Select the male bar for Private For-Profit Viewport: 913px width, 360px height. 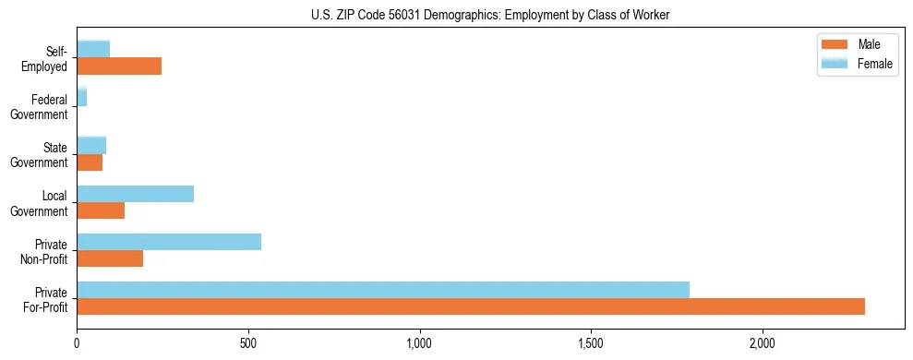[x=471, y=306]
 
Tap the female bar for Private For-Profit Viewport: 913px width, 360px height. [x=383, y=289]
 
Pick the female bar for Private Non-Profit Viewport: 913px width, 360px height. [x=169, y=241]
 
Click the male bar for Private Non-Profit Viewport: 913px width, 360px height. [x=110, y=258]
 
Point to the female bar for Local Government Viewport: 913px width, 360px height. [x=136, y=193]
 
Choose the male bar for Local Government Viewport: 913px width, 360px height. [x=101, y=210]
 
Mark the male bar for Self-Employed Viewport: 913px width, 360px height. [x=119, y=66]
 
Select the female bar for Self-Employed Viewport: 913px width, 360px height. [x=93, y=49]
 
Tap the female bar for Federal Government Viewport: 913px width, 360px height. [x=82, y=97]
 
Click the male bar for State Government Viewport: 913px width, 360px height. [x=90, y=162]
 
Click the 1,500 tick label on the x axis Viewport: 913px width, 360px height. [x=591, y=342]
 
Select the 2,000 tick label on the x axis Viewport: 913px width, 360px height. [x=763, y=342]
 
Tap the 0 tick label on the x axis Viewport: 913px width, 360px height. [x=77, y=342]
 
